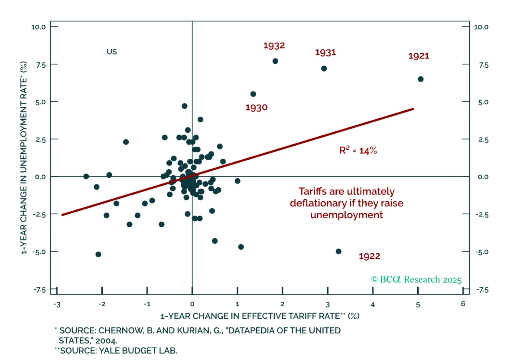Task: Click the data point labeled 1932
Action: pyautogui.click(x=275, y=61)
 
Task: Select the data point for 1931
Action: pyautogui.click(x=324, y=69)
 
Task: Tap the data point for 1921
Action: pyautogui.click(x=421, y=79)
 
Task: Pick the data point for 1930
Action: pyautogui.click(x=253, y=94)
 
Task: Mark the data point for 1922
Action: pyautogui.click(x=338, y=251)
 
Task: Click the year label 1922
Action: pyautogui.click(x=369, y=256)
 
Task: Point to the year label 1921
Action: pyautogui.click(x=419, y=56)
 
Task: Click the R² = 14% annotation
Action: pyautogui.click(x=358, y=150)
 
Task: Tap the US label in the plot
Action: pyautogui.click(x=111, y=52)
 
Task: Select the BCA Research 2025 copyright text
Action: pyautogui.click(x=416, y=280)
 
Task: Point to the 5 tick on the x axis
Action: pyautogui.click(x=418, y=305)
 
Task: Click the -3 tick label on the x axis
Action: pyautogui.click(x=57, y=305)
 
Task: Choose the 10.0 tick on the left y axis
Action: pyautogui.click(x=38, y=27)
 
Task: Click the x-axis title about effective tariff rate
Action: pyautogui.click(x=260, y=316)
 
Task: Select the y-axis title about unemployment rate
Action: pyautogui.click(x=23, y=158)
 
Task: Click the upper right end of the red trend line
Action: pyautogui.click(x=413, y=109)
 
